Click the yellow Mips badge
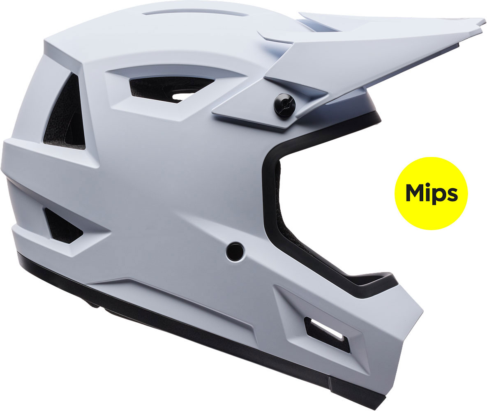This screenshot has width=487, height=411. coord(431,193)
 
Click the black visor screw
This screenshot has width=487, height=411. coord(284,105)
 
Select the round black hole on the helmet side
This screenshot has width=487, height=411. coord(235,251)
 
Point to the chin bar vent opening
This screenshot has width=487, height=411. coord(327,334)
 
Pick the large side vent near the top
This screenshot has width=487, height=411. coord(171,88)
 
